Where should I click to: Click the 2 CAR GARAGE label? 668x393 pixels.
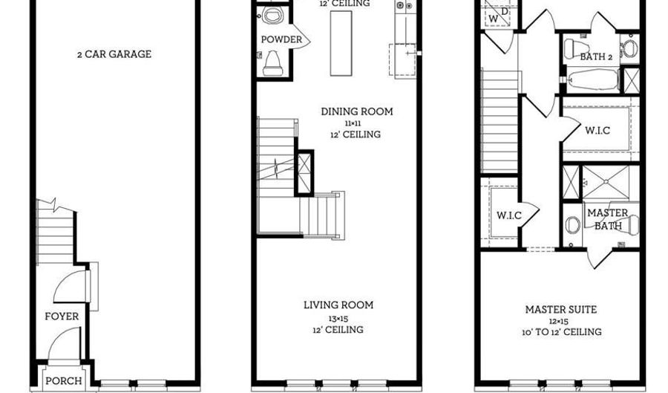pyautogui.click(x=114, y=54)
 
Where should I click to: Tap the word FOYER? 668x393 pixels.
pyautogui.click(x=62, y=316)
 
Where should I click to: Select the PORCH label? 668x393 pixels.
pyautogui.click(x=64, y=381)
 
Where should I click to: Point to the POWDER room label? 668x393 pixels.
pyautogui.click(x=281, y=39)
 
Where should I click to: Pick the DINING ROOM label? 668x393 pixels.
pyautogui.click(x=357, y=112)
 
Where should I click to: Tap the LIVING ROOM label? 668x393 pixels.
pyautogui.click(x=338, y=305)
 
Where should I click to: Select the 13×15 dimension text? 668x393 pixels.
pyautogui.click(x=338, y=317)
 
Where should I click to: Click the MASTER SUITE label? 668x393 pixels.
pyautogui.click(x=561, y=310)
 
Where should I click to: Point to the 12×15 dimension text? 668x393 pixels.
pyautogui.click(x=561, y=321)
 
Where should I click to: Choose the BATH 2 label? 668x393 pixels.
pyautogui.click(x=595, y=56)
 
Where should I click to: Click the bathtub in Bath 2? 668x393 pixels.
pyautogui.click(x=592, y=79)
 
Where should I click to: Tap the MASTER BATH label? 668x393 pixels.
pyautogui.click(x=608, y=219)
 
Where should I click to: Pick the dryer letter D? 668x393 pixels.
pyautogui.click(x=505, y=10)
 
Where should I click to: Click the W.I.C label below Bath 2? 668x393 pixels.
pyautogui.click(x=597, y=131)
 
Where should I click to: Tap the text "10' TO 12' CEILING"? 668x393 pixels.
pyautogui.click(x=561, y=332)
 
